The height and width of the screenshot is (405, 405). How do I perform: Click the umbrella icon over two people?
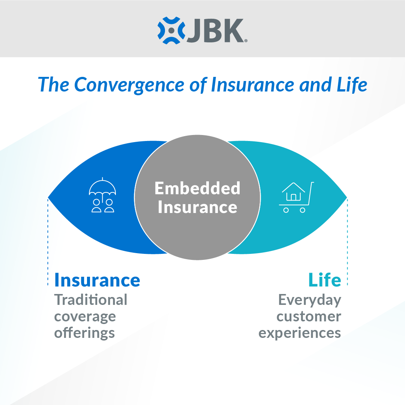coord(102,197)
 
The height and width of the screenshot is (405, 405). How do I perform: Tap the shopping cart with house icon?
coord(296,198)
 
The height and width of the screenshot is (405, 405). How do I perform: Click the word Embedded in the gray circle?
coord(197,188)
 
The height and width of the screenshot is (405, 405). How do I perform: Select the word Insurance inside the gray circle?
coord(197,207)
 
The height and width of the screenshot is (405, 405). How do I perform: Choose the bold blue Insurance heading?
coord(97,280)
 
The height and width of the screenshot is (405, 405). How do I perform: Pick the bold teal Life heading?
coord(325,280)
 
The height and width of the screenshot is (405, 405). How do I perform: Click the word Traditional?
coord(91,300)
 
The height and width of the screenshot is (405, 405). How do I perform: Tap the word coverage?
coord(85,316)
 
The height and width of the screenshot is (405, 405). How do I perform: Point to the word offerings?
coord(84,333)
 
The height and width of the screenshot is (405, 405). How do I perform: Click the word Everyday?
coord(310,300)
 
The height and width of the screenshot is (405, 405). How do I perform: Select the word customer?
coord(309,316)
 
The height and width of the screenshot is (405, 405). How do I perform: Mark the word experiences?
coord(300,333)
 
